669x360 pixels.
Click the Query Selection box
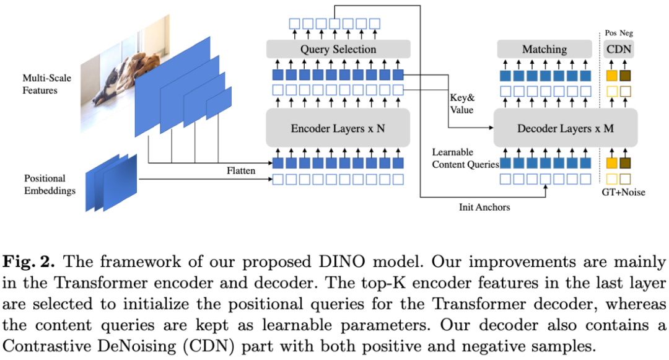point(338,49)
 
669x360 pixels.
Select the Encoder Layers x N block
point(338,129)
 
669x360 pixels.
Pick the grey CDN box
point(618,49)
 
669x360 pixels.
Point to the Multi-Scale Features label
point(40,84)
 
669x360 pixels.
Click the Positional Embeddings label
point(50,185)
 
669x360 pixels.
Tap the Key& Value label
point(462,103)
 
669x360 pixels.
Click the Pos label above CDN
point(610,33)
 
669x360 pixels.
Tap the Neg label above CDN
point(626,33)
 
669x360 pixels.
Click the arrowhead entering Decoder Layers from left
point(490,129)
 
